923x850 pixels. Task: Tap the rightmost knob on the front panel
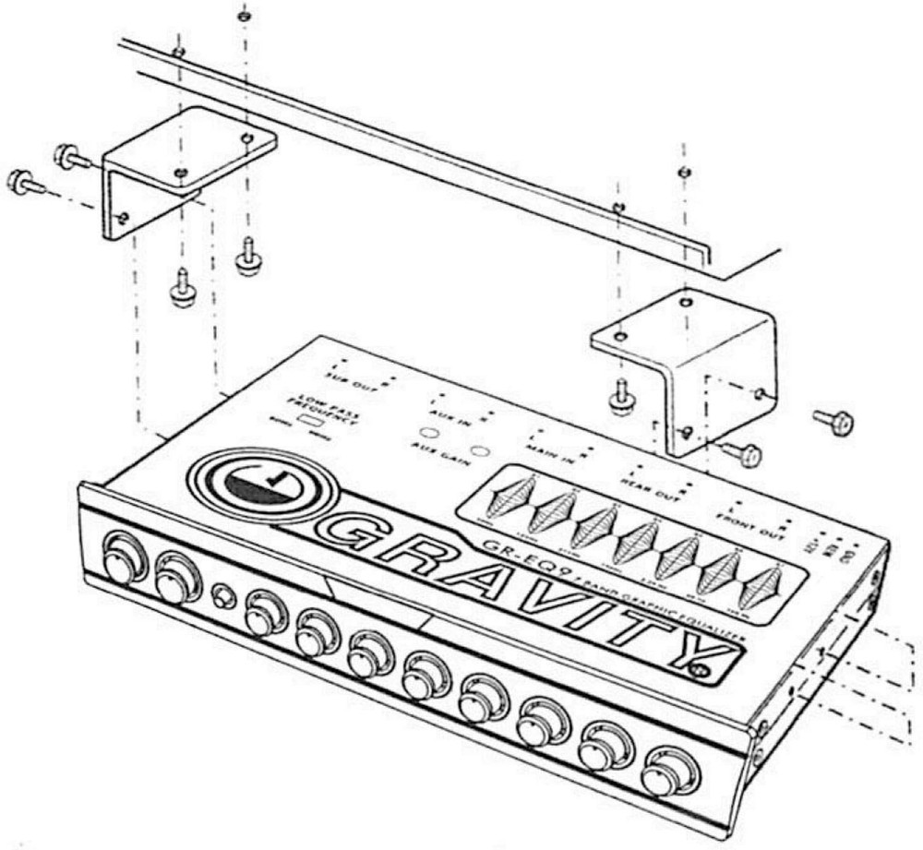pyautogui.click(x=662, y=775)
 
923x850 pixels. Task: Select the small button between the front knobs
pyautogui.click(x=221, y=593)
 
